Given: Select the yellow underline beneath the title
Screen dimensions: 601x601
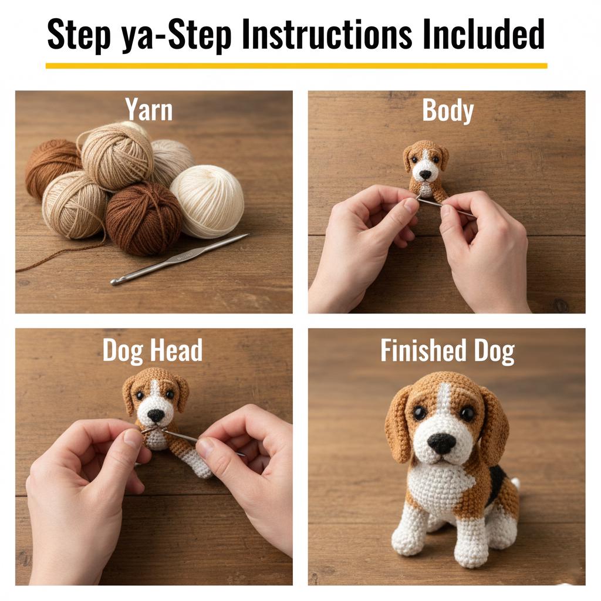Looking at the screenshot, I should tap(296, 66).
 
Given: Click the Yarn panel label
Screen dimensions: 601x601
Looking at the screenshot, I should tap(149, 110).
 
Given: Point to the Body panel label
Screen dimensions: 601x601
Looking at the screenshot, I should tap(447, 110).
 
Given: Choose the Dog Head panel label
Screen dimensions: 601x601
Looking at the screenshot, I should tap(153, 350).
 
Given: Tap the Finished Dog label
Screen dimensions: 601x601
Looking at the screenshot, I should tap(447, 350).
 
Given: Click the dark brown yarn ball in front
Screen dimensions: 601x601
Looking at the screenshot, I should tap(143, 218).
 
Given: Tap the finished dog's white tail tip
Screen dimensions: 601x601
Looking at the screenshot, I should tap(516, 483).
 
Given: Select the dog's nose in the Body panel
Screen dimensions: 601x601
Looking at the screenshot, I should tap(424, 174).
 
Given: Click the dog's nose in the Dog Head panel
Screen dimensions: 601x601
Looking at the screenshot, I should tap(156, 415).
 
